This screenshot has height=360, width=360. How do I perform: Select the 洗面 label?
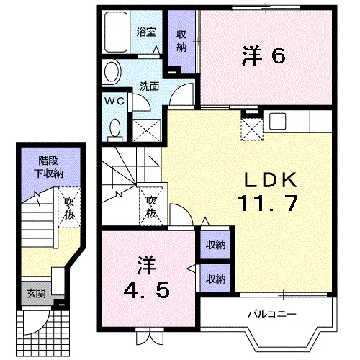pos(149,85)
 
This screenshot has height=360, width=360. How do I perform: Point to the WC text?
pos(117,102)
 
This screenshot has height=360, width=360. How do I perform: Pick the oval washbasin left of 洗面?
pos(112,71)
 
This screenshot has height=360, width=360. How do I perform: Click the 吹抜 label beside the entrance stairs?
pos(69,206)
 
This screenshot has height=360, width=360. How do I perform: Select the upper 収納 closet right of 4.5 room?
pos(213,245)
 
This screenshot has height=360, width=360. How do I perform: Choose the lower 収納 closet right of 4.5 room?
pos(213,278)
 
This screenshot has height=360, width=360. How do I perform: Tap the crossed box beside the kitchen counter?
pos(251,128)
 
